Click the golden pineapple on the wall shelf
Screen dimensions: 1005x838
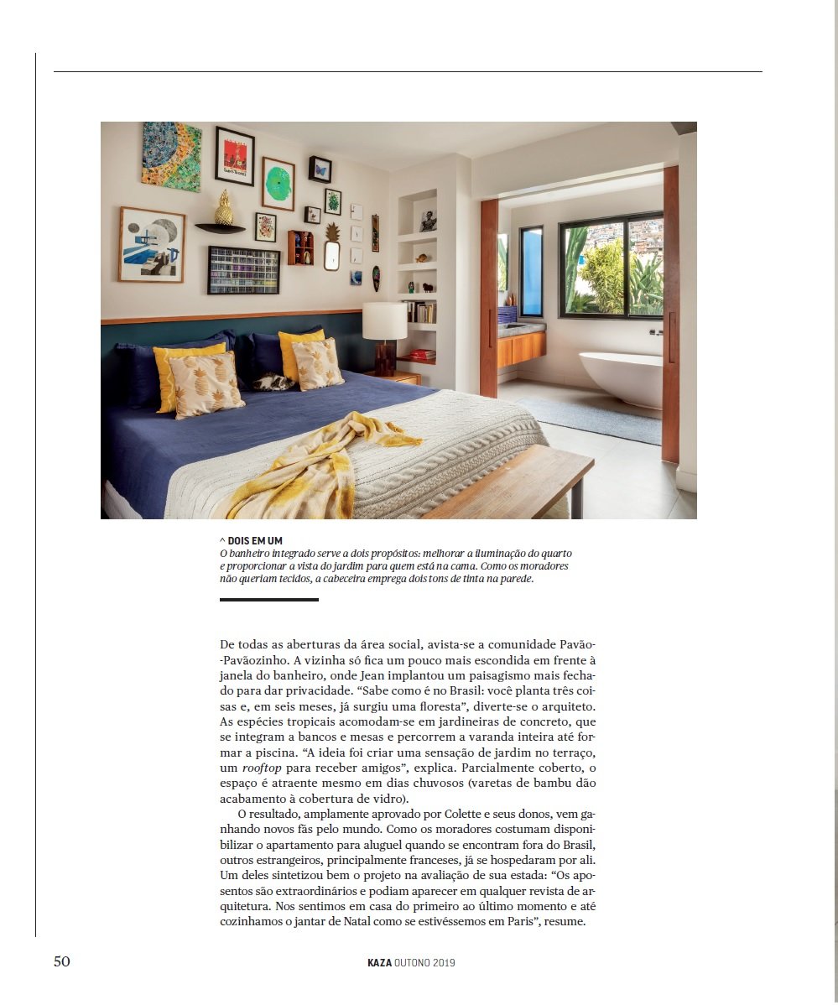(x=223, y=209)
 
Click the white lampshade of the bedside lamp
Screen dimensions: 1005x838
(x=384, y=321)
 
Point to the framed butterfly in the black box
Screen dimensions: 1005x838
(x=320, y=169)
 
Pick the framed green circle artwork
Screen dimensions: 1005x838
(x=278, y=184)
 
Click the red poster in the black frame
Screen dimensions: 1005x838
(x=235, y=156)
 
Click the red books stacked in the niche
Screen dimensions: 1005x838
(x=422, y=354)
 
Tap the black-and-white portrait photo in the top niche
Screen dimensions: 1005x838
(x=428, y=221)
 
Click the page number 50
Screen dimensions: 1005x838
(x=62, y=961)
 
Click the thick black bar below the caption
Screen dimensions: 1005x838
(x=269, y=600)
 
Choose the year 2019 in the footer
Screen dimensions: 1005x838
(x=445, y=963)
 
